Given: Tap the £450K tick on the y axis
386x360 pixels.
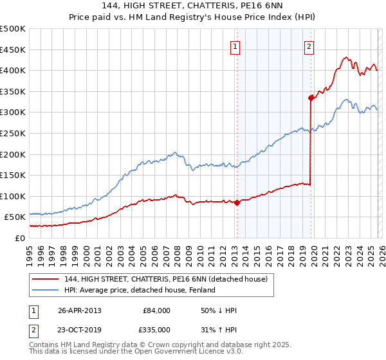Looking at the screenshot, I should coord(13,50).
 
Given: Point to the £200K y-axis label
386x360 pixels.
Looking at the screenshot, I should coord(13,154).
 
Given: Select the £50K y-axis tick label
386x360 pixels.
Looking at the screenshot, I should coord(15,217).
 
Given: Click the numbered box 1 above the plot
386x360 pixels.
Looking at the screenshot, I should coord(235,46).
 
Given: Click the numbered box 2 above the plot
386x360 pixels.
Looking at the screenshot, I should coord(309,46).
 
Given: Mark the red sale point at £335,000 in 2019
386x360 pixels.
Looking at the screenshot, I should coord(311,98).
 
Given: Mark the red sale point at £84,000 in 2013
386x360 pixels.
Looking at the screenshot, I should coord(237,203).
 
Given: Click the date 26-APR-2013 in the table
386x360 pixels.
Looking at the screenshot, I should coord(80,310).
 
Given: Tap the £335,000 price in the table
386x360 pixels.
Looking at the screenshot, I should coord(154,330).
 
